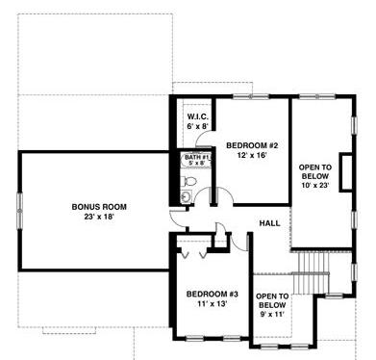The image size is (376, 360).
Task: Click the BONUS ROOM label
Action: coord(99,207)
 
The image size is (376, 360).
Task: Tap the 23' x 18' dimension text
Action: coord(99,217)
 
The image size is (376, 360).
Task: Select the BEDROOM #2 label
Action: coord(252,145)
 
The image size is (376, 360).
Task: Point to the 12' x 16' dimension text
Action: coord(252,155)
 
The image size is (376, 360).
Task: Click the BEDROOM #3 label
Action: coord(213,294)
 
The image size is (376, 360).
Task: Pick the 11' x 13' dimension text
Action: coord(213,304)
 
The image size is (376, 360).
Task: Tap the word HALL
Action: coord(269,223)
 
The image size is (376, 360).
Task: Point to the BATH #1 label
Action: coord(196,157)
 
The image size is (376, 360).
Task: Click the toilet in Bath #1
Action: coord(188,181)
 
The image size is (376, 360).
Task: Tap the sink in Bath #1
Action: coord(186,196)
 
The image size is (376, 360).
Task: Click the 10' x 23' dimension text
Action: coord(315,185)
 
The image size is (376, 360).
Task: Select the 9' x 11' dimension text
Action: coord(272,315)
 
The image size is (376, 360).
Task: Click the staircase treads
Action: coord(311,272)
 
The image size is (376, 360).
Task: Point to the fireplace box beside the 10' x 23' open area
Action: coord(346,173)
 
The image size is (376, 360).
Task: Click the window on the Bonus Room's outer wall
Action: coord(19,211)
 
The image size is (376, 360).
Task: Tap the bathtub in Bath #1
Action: coord(196,160)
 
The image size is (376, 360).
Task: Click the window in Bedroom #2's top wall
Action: coord(251,96)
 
